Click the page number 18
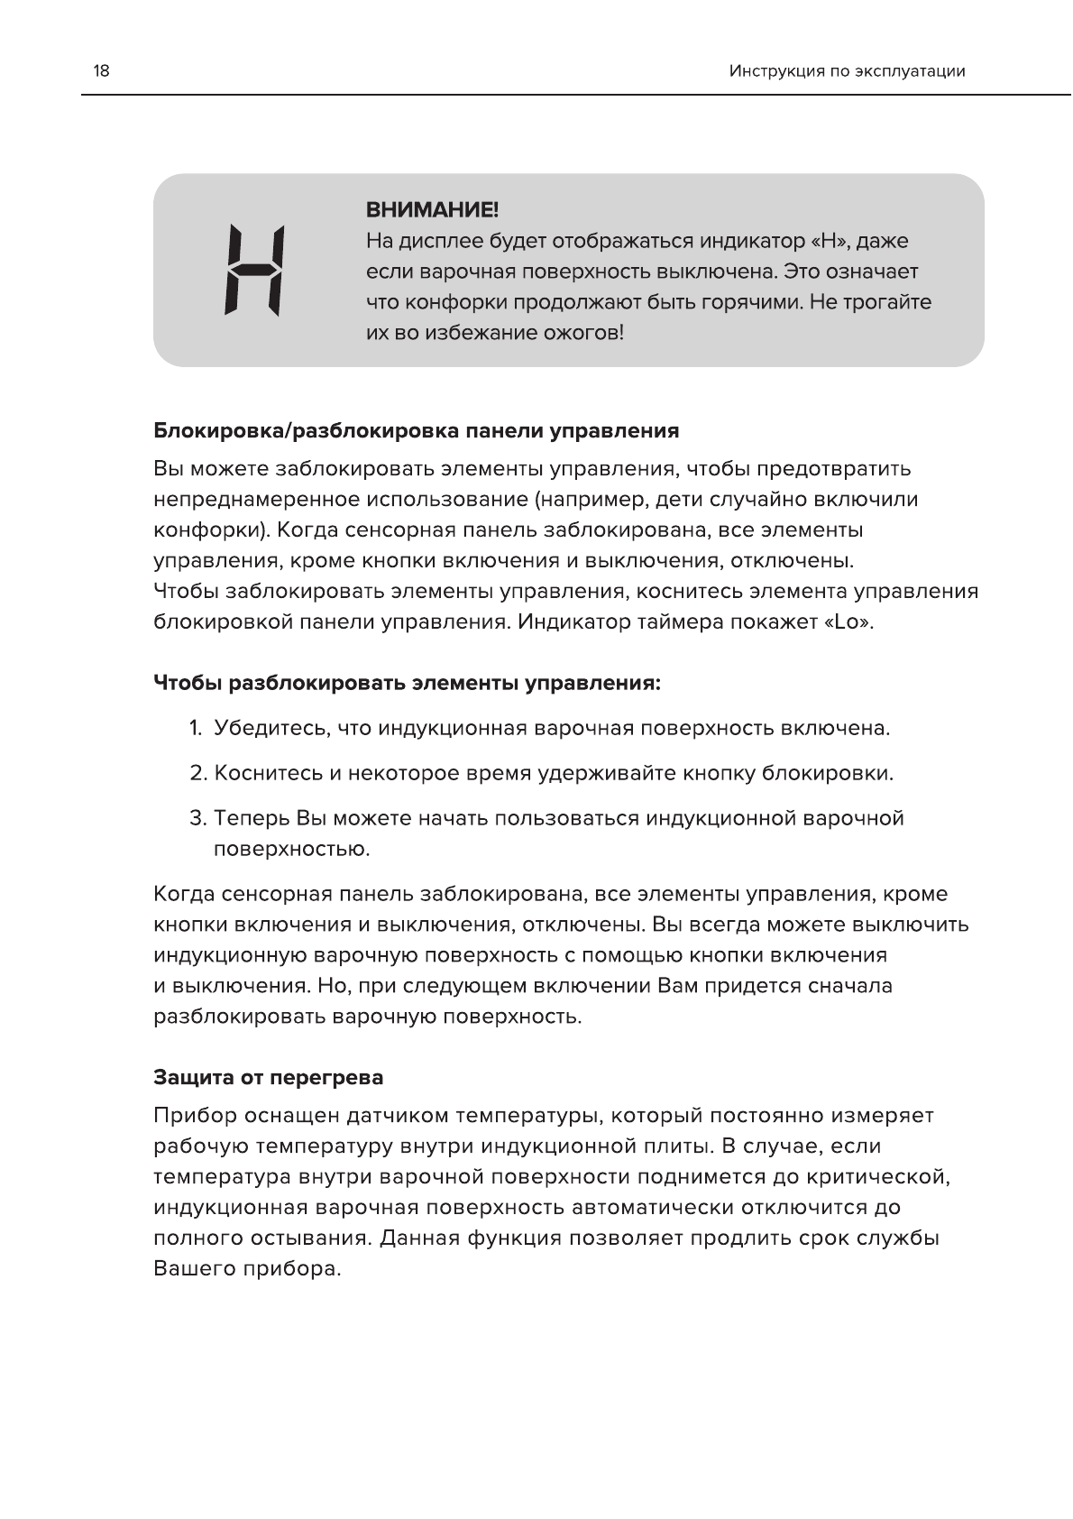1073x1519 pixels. (101, 70)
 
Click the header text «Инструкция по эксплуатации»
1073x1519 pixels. (847, 71)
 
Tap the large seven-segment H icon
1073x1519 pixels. (255, 270)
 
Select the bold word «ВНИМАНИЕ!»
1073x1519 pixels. (432, 211)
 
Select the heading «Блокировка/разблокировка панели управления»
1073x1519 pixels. (416, 430)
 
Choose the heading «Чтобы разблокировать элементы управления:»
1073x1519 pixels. (408, 683)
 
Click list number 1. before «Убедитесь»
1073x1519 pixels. (196, 729)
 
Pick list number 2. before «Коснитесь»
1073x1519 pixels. (198, 774)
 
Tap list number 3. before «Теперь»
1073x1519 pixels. (198, 819)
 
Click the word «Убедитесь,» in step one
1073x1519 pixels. (269, 729)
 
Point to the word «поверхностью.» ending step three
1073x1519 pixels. (292, 850)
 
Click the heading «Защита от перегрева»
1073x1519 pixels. (268, 1078)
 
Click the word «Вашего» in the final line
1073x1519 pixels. (195, 1269)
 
